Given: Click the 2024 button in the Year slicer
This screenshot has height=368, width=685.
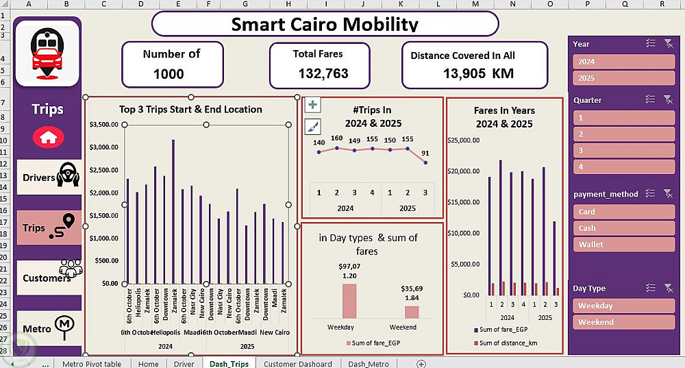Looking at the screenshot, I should point(623,62).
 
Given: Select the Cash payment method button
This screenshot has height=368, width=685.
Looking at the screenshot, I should point(623,228).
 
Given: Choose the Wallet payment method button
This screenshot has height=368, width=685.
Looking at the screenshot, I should point(623,245).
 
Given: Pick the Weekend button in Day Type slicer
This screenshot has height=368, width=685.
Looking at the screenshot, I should point(623,322).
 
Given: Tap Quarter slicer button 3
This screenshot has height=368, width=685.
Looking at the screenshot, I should point(623,150).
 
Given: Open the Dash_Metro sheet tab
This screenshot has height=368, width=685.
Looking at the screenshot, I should point(369,364).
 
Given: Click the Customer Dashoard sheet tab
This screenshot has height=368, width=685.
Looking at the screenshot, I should point(297,364).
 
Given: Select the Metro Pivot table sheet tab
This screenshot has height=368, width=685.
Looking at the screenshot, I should point(91,364).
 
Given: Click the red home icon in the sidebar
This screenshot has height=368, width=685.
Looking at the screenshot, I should point(48,136).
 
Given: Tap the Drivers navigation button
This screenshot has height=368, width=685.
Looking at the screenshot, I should point(48,177).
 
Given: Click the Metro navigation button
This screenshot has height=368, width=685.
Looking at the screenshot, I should point(48,328).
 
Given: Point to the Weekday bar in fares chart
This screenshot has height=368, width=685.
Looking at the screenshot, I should point(349,300).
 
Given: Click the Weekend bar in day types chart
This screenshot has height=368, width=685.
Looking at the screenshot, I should point(412,312).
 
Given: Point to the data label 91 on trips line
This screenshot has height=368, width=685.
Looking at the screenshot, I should point(426,153).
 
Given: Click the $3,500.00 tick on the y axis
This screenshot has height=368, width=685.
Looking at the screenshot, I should point(104,125).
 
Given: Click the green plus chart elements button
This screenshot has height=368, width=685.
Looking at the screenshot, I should point(312,105).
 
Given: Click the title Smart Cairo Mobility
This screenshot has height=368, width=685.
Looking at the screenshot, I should point(325,25).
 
